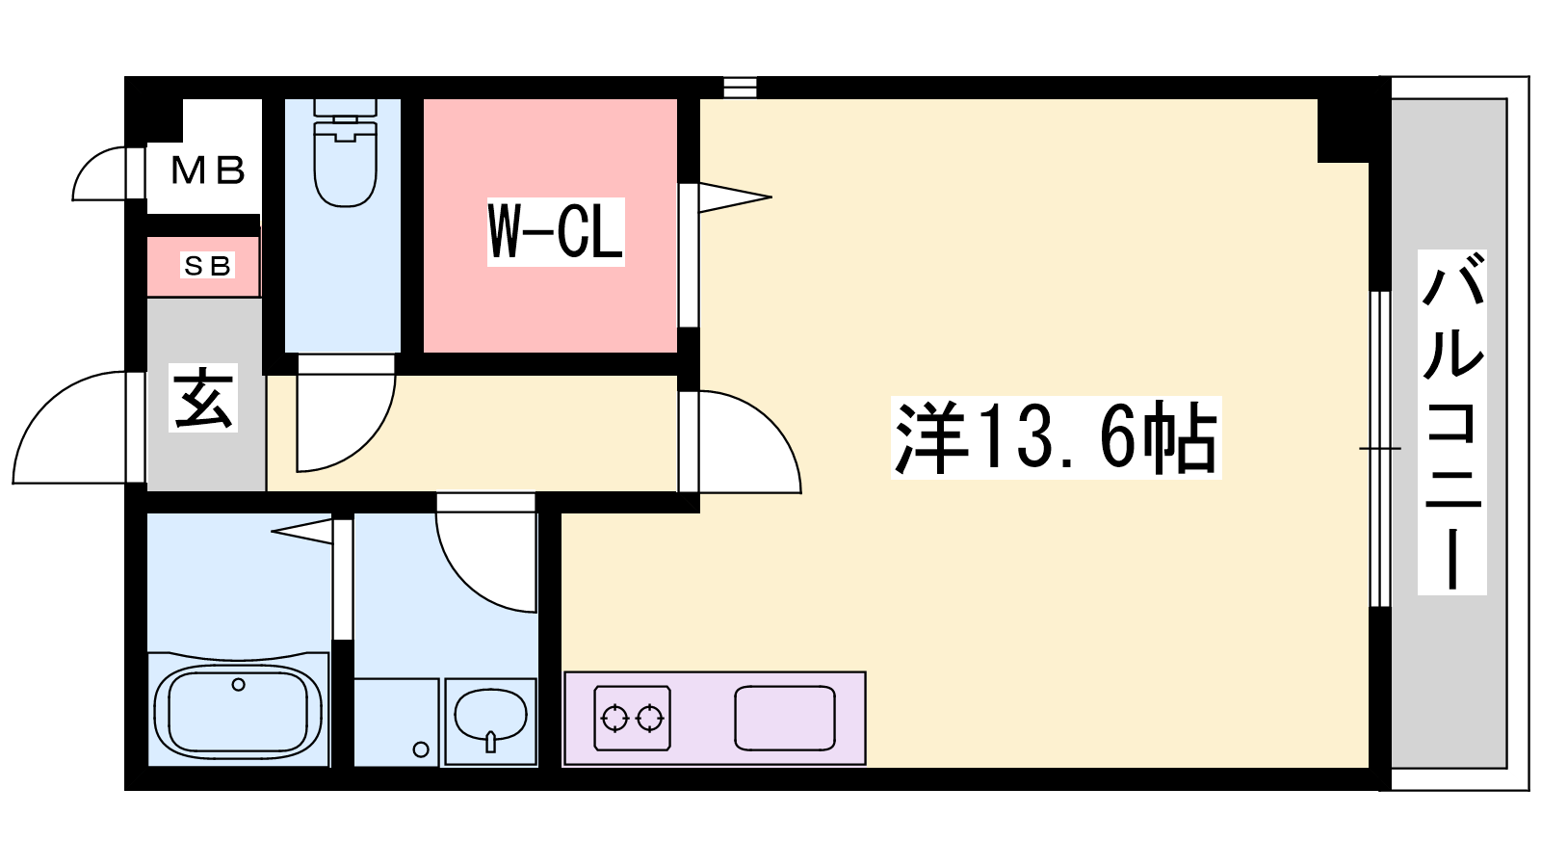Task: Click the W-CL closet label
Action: coord(555,232)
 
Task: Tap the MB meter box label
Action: coord(208,170)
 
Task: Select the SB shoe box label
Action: coord(207,265)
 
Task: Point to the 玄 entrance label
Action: coord(203,398)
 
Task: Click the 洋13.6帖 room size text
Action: coord(1056,437)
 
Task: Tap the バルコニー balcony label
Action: coord(1451,422)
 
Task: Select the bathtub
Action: coord(238,709)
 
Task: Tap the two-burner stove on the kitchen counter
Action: coord(632,718)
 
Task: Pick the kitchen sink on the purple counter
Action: coord(785,718)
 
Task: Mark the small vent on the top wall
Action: coord(740,88)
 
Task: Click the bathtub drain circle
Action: coord(238,685)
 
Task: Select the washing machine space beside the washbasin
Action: coord(396,722)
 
